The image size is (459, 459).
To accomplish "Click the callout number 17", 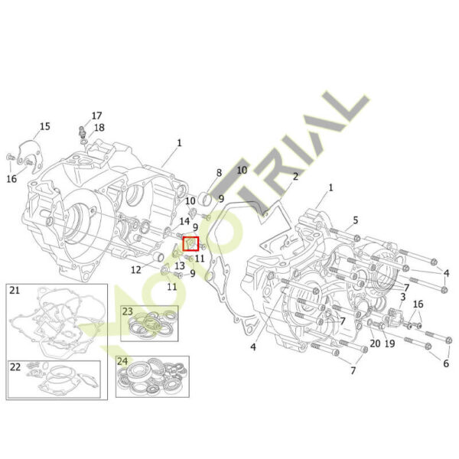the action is coord(96,116).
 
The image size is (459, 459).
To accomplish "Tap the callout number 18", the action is coord(99,128).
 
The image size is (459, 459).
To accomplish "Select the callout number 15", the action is coord(45,126).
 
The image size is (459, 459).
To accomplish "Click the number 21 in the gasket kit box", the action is coord(15,291).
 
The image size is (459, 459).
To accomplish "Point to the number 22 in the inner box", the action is coord(15,366).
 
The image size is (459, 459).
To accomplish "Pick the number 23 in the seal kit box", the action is coord(127,311).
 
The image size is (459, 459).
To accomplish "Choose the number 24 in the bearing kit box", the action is coord(122,362).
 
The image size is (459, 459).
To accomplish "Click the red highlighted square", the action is coord(190,244).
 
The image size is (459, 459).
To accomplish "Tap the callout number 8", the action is coord(220,173).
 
